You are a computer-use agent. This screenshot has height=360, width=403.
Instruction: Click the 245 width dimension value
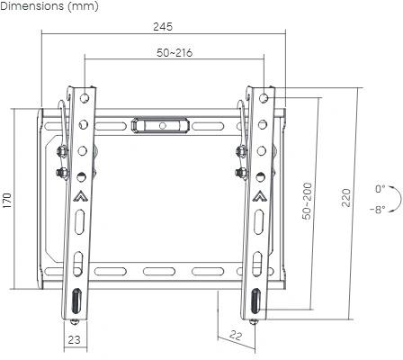164,26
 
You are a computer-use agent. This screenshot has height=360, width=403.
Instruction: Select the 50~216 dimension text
174,53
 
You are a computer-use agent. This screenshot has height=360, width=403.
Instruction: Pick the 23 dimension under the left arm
75,339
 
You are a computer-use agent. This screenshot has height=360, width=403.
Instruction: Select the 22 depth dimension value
236,335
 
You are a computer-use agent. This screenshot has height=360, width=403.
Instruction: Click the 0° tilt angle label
381,189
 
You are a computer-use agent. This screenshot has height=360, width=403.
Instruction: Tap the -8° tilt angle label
377,209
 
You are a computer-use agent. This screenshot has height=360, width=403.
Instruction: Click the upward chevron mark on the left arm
79,193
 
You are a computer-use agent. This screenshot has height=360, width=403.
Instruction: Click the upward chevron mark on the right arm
259,193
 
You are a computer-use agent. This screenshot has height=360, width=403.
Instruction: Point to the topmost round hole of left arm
83,96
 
